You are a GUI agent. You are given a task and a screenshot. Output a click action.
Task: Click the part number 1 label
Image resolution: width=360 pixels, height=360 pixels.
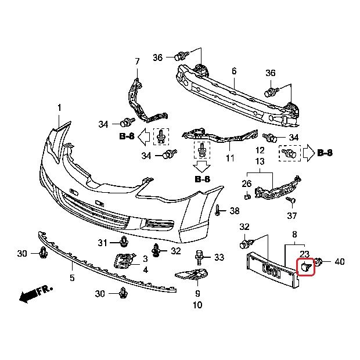click(x=59, y=108)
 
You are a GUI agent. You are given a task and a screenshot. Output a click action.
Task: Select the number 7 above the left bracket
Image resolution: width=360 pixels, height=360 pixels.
click(x=138, y=62)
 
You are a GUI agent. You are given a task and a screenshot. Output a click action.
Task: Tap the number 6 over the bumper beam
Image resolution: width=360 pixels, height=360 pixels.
click(x=234, y=71)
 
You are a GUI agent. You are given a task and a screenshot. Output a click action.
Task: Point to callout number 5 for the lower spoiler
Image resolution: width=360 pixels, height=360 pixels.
click(x=72, y=278)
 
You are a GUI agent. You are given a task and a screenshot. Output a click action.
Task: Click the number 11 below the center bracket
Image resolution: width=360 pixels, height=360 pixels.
click(x=231, y=158)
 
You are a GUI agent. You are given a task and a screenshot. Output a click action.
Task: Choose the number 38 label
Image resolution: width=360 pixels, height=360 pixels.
click(x=234, y=210)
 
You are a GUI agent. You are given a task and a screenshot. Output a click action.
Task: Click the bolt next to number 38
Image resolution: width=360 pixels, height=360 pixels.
click(x=218, y=210)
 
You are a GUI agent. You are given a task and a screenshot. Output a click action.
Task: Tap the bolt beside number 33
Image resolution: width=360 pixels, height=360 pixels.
click(x=200, y=256)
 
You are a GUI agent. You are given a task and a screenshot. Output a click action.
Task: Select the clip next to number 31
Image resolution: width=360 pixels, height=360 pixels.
click(x=124, y=241)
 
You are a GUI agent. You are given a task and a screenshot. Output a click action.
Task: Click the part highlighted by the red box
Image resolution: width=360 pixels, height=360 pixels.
click(x=305, y=267)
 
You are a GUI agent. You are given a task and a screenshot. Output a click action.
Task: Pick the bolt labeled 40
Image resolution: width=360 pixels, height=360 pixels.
click(x=319, y=262)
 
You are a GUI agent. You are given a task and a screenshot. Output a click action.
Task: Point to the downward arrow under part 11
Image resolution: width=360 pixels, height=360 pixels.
click(x=202, y=167)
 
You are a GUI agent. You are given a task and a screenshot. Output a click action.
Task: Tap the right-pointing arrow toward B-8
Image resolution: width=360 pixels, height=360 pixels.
click(x=307, y=153)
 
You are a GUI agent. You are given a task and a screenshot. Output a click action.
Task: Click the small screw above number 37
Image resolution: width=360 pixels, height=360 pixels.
click(x=292, y=200)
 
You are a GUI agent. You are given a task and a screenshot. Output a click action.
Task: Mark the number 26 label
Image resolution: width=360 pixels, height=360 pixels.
click(x=246, y=184)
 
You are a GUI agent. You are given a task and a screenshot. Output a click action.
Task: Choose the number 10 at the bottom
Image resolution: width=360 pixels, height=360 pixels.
click(x=197, y=305)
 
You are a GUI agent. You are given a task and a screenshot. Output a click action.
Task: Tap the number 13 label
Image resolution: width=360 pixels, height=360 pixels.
click(x=260, y=161)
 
